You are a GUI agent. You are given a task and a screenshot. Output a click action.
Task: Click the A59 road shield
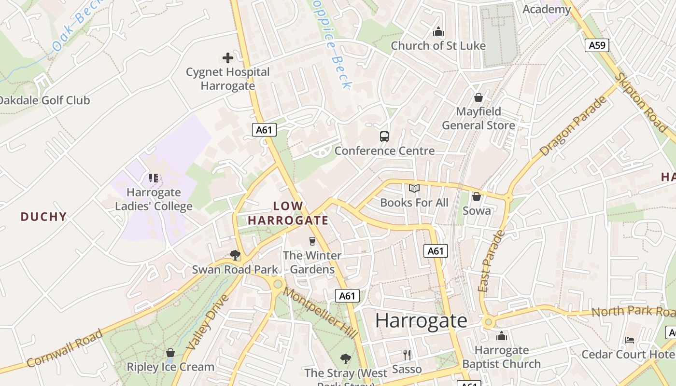tap(597, 45)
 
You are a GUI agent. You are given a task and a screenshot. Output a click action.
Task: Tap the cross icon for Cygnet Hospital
tap(228, 58)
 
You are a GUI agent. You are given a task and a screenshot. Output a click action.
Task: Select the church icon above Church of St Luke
tap(438, 32)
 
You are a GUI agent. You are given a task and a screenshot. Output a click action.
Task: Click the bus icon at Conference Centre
tap(384, 137)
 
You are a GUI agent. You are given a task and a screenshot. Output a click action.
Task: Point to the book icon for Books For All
tap(414, 189)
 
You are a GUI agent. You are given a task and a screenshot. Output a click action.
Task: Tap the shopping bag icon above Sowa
tap(477, 196)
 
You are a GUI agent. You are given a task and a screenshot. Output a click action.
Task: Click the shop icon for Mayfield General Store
tap(479, 97)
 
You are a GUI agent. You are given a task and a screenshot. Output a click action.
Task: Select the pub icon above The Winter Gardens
tap(312, 241)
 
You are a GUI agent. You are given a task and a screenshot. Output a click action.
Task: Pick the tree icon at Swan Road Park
tap(235, 255)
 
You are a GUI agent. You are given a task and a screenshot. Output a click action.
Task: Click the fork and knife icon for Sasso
tap(407, 355)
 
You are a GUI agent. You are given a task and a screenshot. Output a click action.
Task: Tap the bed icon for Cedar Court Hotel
tap(629, 340)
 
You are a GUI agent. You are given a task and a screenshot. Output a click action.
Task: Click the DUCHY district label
tap(43, 217)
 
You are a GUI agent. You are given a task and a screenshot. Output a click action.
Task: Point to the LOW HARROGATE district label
tap(288, 213)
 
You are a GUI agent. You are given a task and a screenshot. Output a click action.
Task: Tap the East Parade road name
tap(491, 261)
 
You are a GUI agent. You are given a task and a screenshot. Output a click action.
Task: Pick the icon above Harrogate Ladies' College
tap(154, 178)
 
